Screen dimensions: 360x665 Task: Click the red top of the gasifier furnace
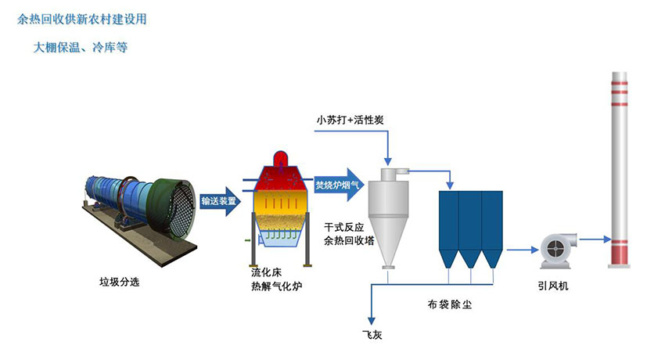(282, 167)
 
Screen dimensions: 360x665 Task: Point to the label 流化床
(265, 273)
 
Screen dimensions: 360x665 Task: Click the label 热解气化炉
(276, 287)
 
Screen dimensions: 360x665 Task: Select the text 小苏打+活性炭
(350, 120)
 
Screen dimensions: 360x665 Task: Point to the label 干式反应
(343, 227)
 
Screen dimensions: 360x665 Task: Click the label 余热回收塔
(348, 241)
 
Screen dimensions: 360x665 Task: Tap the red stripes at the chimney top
(620, 82)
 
